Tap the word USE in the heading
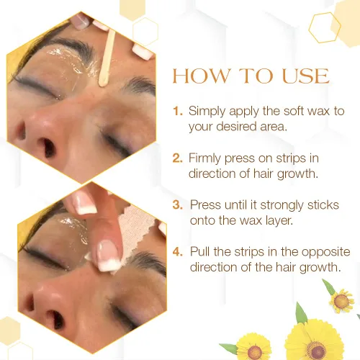[305, 76]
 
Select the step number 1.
[178, 111]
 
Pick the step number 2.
[178, 158]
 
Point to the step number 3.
[178, 205]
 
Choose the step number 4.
[178, 252]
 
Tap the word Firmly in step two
[204, 159]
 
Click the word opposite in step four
[325, 253]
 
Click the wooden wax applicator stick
[107, 58]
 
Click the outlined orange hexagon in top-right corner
[325, 27]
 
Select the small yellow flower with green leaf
[341, 300]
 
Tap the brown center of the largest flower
[316, 350]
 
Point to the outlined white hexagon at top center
[145, 31]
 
